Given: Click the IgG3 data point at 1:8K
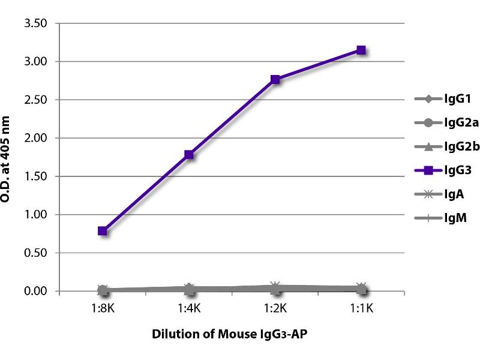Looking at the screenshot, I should point(103,230).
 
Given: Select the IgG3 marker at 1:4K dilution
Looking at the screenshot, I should point(189,155).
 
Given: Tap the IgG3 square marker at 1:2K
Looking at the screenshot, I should point(275,79).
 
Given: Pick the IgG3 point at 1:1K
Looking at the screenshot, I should point(361,50).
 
